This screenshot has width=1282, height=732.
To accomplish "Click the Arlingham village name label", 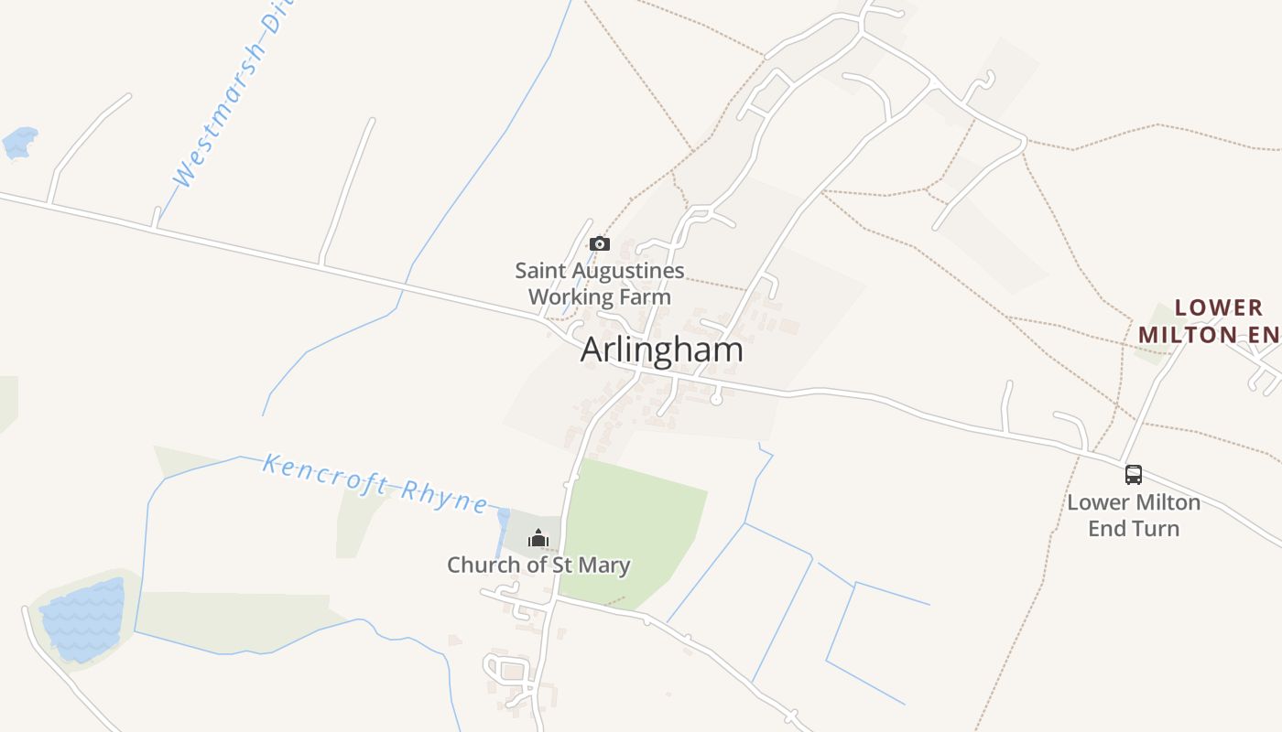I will (x=661, y=350).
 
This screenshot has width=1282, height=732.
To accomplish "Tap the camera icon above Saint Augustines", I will (x=600, y=243).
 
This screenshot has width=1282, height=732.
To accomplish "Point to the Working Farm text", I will (x=600, y=296).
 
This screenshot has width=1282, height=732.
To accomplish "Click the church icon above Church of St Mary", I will (x=538, y=538).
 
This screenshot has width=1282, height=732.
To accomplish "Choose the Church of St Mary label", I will (x=538, y=565).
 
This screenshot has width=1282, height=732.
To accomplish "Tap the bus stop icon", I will (x=1134, y=475).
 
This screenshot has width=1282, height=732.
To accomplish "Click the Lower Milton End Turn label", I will (x=1134, y=515).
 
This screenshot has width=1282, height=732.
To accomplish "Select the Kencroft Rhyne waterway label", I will (x=375, y=481).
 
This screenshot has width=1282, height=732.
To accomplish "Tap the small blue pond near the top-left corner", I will (x=20, y=143).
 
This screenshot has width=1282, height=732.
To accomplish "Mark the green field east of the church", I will (x=632, y=531).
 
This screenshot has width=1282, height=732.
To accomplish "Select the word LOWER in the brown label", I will (x=1219, y=307).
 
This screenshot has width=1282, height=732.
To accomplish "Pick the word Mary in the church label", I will (x=603, y=565).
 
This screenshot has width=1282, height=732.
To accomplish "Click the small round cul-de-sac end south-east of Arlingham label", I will (x=716, y=399).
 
